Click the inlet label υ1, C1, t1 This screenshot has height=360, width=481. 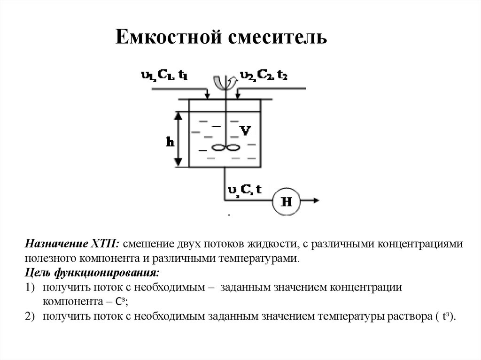pos(164,75)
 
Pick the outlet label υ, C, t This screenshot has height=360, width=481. pos(245,189)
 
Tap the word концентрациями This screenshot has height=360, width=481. pos(415,245)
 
